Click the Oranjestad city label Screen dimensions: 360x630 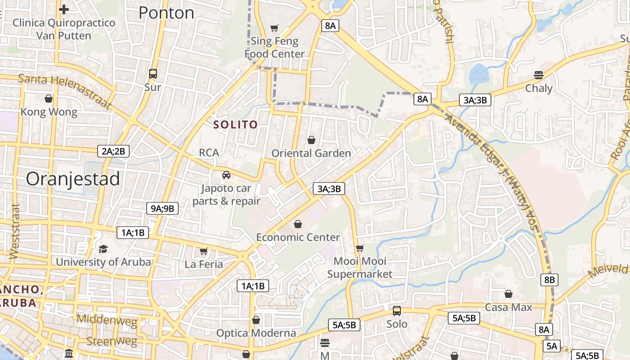coord(73,179)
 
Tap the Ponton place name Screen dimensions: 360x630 coord(166,13)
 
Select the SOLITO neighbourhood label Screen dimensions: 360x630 coord(235,125)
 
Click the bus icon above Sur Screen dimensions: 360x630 coord(153,74)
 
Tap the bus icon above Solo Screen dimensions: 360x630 coord(397,311)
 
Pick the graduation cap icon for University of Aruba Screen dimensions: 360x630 coord(103,249)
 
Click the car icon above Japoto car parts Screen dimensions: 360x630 coord(226,175)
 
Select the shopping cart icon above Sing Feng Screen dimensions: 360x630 coord(274,28)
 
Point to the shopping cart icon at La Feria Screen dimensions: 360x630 coord(204,251)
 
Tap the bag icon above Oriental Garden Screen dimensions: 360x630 coord(311,140)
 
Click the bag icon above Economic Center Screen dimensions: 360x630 coord(298,224)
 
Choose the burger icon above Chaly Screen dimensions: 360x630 coord(539,75)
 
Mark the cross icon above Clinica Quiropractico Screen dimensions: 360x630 coord(64,9)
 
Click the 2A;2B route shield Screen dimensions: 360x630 coord(113,151)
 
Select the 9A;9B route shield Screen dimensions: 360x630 coord(162,208)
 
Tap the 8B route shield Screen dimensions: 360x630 coord(549,280)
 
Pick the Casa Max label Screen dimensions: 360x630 coord(508,307)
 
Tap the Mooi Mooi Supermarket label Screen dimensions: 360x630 coord(360,267)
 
